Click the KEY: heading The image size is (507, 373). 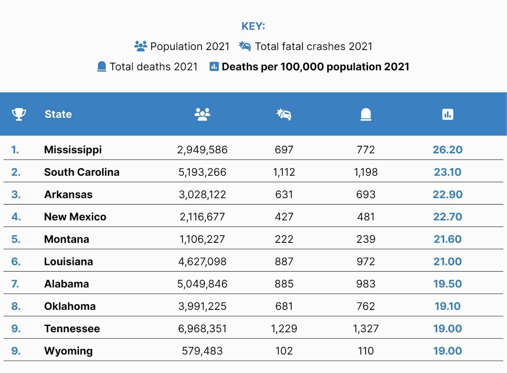pos(253,26)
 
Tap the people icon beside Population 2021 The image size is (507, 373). pos(141,46)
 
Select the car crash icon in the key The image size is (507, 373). pos(245,46)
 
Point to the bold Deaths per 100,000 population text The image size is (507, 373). pos(316,67)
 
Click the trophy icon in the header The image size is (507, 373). pos(19,114)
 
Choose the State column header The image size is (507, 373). pos(58,114)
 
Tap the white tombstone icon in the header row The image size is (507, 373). pos(366,114)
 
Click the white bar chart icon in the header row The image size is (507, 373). pos(448,114)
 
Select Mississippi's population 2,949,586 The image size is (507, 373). pos(202,150)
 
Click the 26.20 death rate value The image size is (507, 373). pos(448,150)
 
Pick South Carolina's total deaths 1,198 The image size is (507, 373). pos(366,172)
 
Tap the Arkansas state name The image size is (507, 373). pos(68,195)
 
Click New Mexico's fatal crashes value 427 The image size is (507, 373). pos(284,217)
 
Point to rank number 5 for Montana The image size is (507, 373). pos(16,239)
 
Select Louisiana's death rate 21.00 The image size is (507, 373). pos(448,261)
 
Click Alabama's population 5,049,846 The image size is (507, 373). pos(202,284)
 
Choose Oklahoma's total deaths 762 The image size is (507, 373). pos(366,306)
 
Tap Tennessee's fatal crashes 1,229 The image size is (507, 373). pos(284,329)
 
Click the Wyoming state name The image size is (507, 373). pos(68,351)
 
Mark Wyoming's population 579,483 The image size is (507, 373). pos(202,351)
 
